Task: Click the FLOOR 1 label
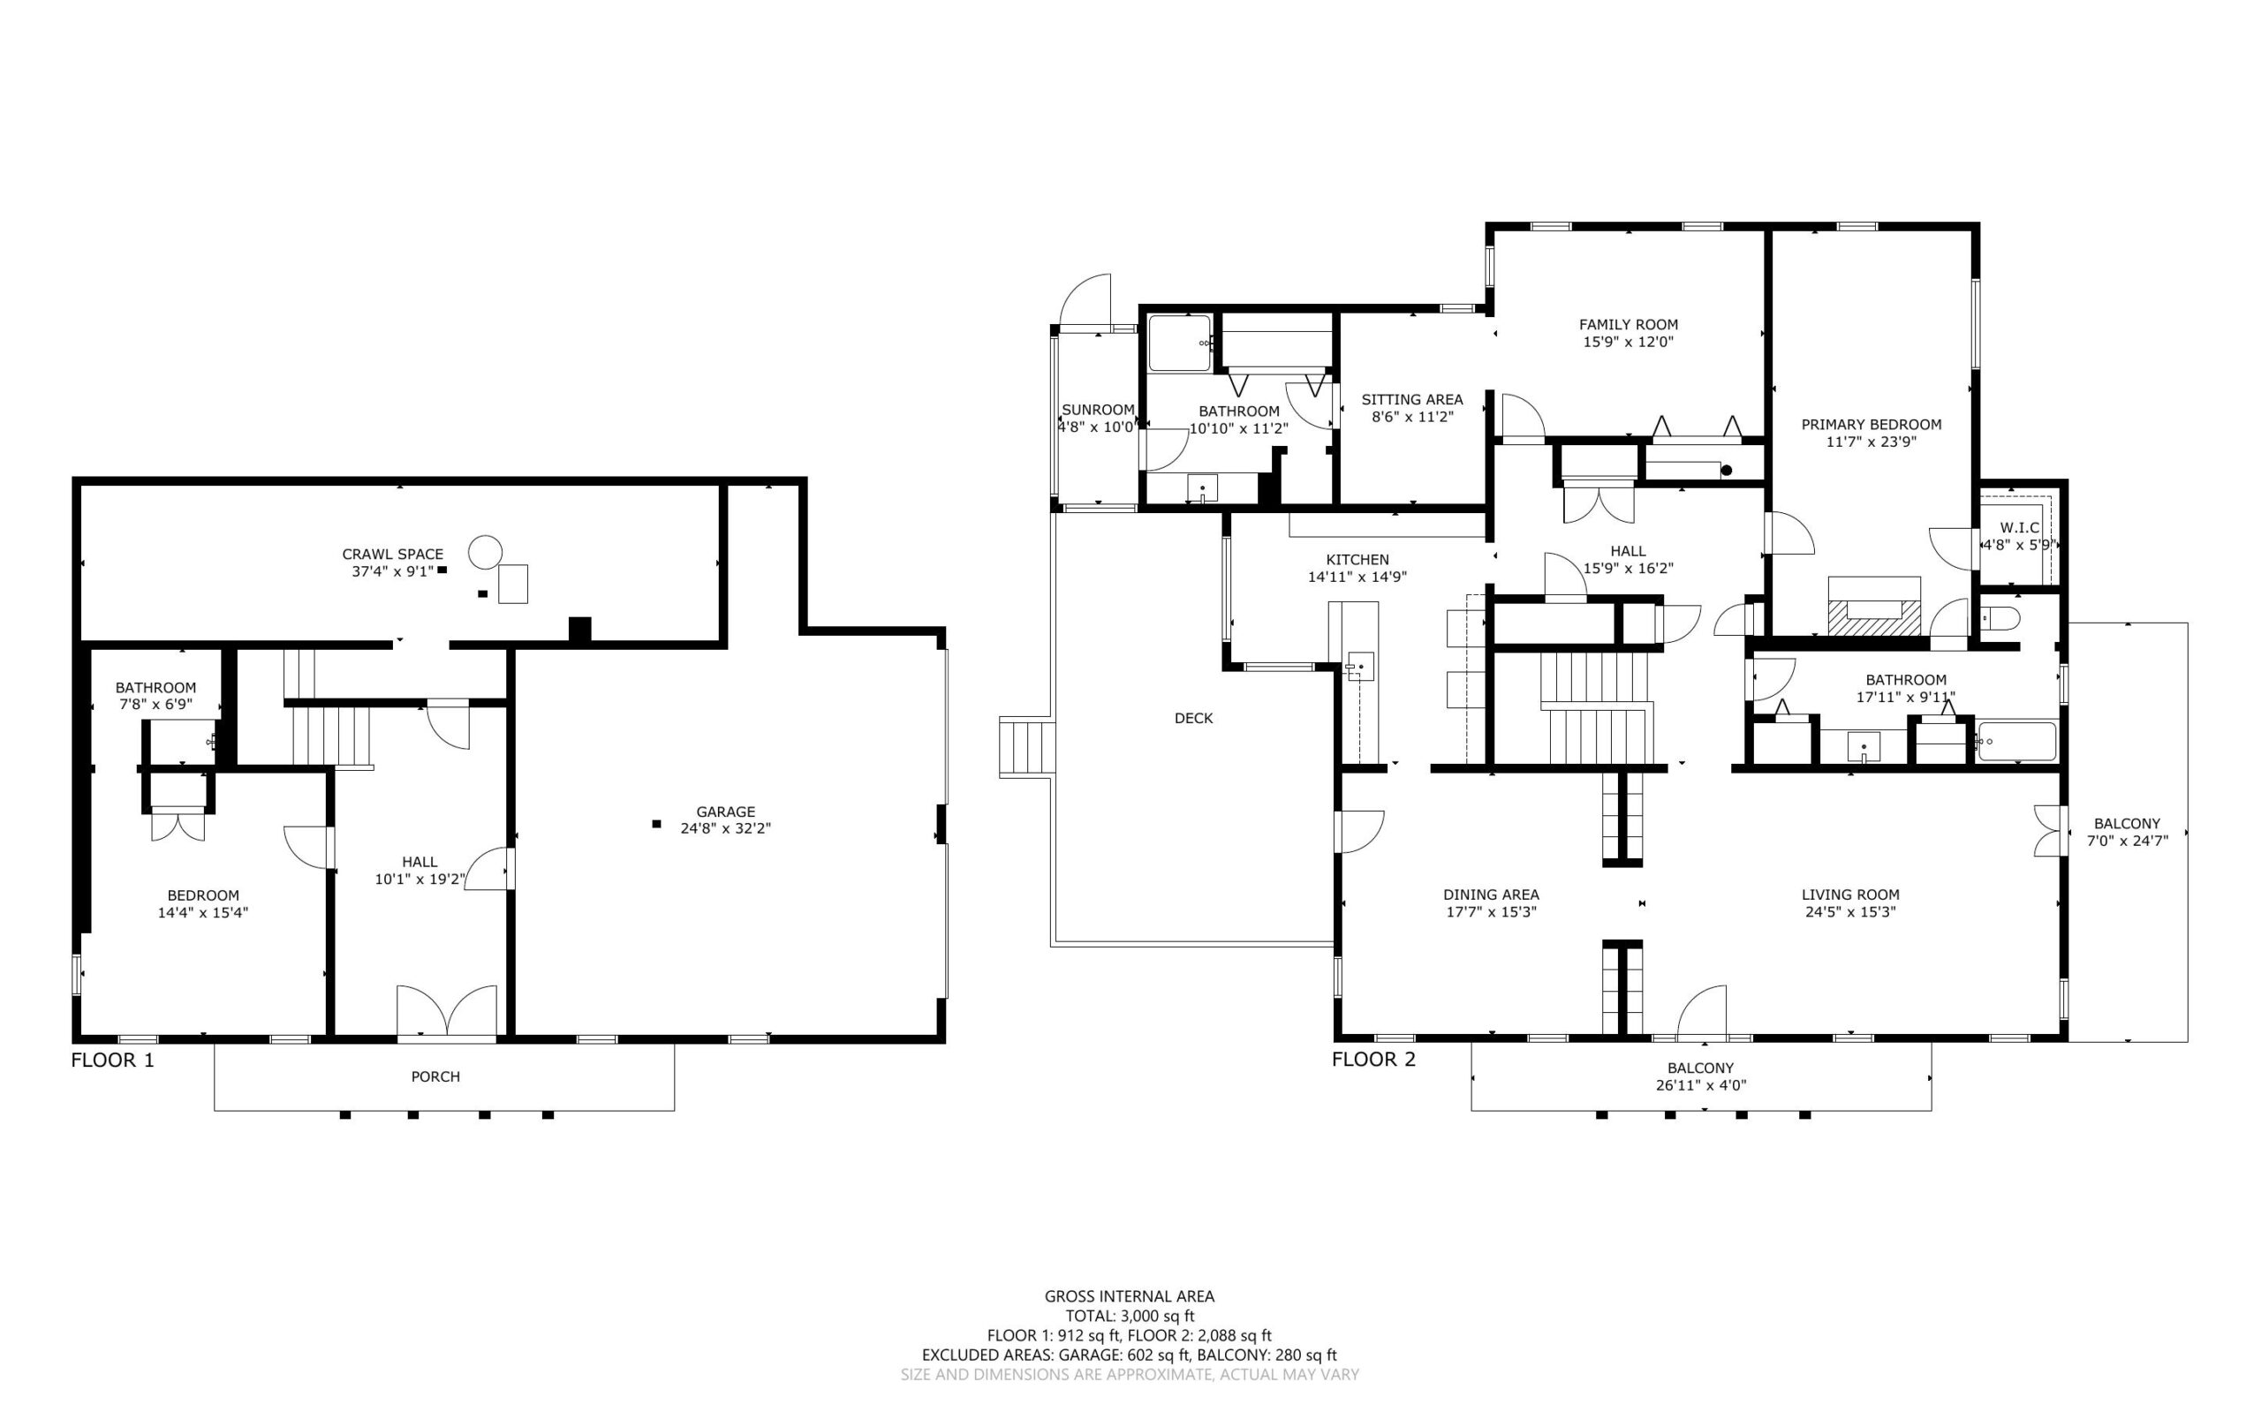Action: pyautogui.click(x=112, y=1060)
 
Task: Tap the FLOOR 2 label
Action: pyautogui.click(x=1372, y=1059)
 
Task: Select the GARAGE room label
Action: pyautogui.click(x=726, y=812)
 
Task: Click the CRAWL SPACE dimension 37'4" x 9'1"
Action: pyautogui.click(x=392, y=571)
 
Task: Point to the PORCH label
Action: pyautogui.click(x=435, y=1076)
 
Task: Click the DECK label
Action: pyautogui.click(x=1193, y=718)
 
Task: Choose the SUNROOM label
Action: pyautogui.click(x=1099, y=410)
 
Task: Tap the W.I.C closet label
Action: pyautogui.click(x=2019, y=528)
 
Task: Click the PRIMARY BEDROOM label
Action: pyautogui.click(x=1872, y=424)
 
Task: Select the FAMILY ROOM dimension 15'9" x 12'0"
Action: pyautogui.click(x=1629, y=342)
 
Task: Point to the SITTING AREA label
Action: pyautogui.click(x=1412, y=400)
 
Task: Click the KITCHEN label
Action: pyautogui.click(x=1357, y=559)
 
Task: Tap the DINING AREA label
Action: pyautogui.click(x=1492, y=895)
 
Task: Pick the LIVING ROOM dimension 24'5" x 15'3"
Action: pyautogui.click(x=1851, y=912)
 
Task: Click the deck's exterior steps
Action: pyautogui.click(x=1026, y=746)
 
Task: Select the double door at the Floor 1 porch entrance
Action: pyautogui.click(x=446, y=1011)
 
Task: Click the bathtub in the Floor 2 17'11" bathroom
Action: pyautogui.click(x=2016, y=742)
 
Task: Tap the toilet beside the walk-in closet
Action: pyautogui.click(x=2000, y=618)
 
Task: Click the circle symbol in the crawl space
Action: pyautogui.click(x=485, y=552)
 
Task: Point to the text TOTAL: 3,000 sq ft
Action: pyautogui.click(x=1130, y=1316)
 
